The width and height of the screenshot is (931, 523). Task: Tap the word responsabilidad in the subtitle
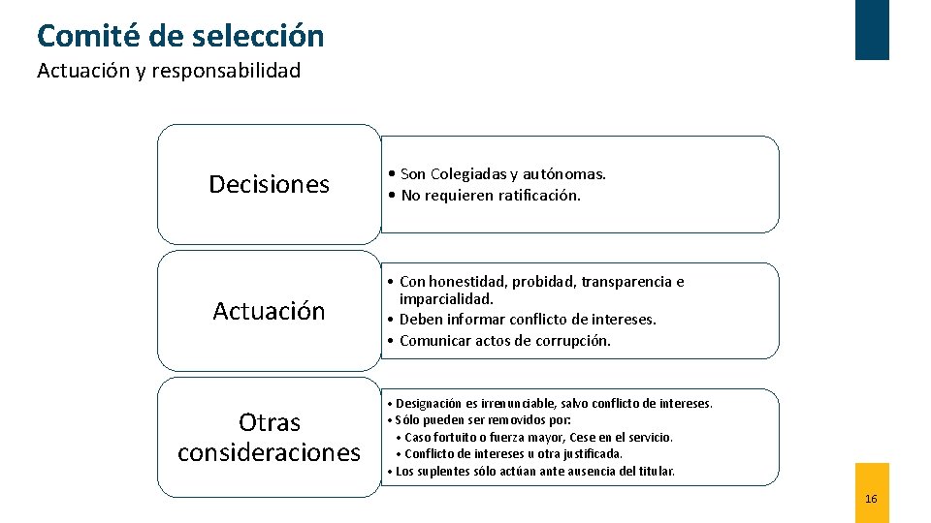click(x=226, y=71)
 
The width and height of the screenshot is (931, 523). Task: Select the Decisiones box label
click(x=270, y=184)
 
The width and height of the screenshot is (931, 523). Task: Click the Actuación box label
click(x=270, y=311)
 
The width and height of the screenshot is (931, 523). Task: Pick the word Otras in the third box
click(x=270, y=422)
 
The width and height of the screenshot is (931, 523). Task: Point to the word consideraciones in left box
click(x=270, y=452)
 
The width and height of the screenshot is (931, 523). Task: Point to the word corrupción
click(x=574, y=341)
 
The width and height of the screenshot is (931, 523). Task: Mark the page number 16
click(x=871, y=499)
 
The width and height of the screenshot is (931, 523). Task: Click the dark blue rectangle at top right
click(x=871, y=29)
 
